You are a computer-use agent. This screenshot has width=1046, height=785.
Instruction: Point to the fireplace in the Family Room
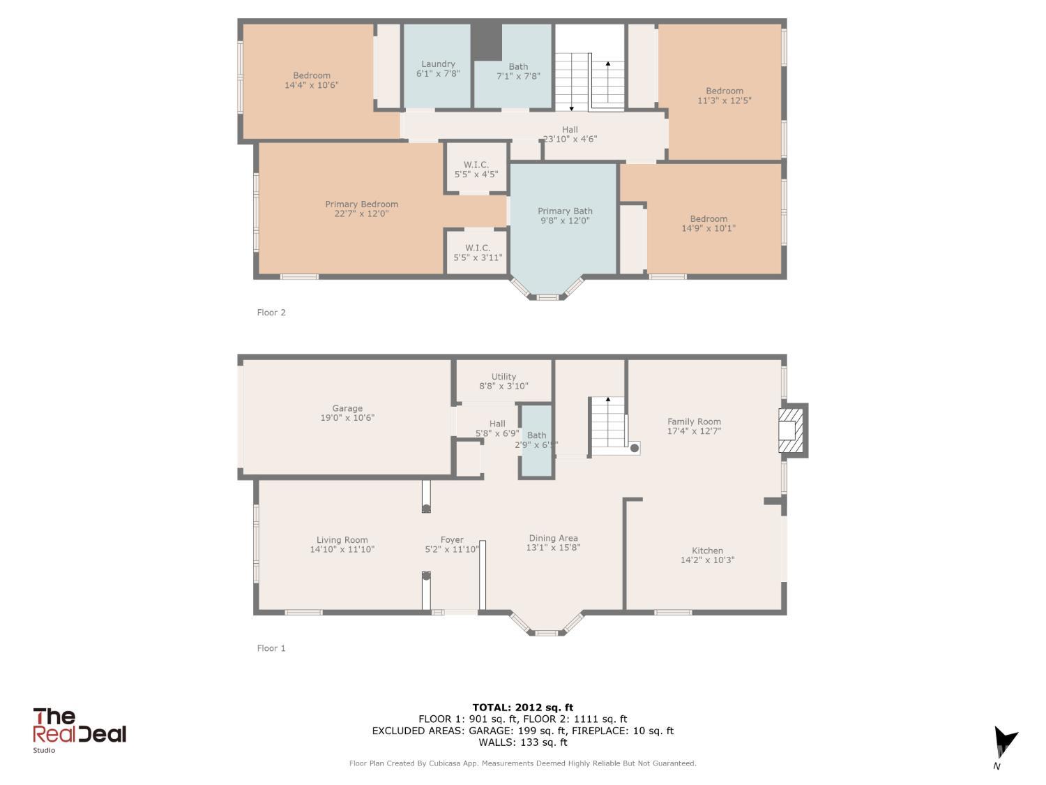792,431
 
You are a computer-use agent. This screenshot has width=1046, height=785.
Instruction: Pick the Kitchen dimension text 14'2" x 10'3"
707,560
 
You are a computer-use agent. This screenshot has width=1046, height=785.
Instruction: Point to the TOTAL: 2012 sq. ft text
523,708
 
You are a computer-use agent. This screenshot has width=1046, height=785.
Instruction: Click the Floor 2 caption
271,313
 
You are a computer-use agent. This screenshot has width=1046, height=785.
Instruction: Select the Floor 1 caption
271,648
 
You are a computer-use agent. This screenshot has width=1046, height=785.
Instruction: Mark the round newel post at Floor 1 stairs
635,448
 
